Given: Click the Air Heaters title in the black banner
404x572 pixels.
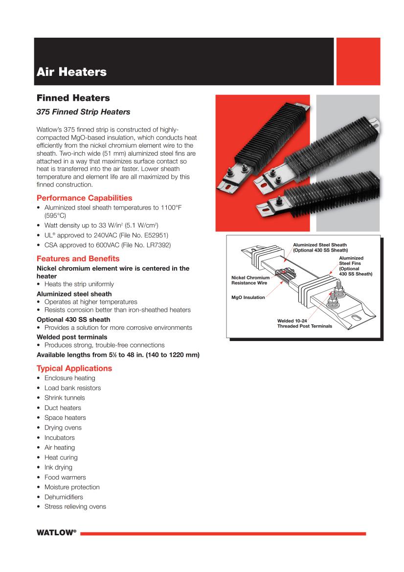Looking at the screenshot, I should [71, 72].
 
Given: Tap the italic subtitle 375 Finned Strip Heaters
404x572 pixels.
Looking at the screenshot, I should [84, 112].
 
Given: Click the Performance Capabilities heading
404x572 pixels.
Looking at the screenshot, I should [84, 198].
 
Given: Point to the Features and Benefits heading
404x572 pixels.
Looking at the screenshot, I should [78, 258].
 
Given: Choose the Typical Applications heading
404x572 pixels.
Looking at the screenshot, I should [74, 368].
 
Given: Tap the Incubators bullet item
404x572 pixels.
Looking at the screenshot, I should [60, 437].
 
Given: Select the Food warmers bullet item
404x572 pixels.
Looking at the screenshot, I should [65, 477].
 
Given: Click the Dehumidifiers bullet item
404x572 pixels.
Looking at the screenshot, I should [64, 497].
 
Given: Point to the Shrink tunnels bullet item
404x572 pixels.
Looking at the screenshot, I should [65, 398].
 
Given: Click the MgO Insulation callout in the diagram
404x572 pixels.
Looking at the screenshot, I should [248, 297].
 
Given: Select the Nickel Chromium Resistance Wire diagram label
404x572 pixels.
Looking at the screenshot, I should [249, 280].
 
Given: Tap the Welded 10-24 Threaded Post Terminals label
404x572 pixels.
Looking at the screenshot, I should [304, 323].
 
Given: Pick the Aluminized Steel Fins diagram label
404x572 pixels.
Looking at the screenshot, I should [356, 266].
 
